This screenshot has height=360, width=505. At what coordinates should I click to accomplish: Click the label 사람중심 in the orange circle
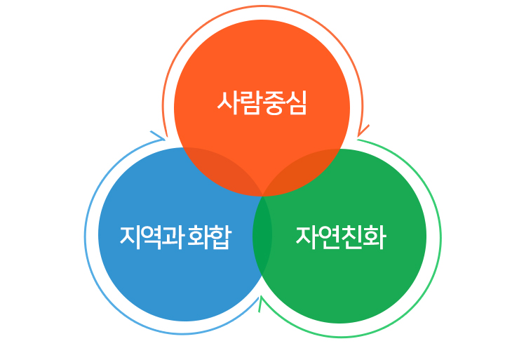coord(262,104)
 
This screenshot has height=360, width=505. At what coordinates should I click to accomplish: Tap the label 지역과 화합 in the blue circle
coord(175,237)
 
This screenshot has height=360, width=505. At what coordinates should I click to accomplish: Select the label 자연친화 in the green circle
coord(340,237)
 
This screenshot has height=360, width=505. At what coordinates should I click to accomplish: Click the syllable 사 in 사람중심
coord(228,104)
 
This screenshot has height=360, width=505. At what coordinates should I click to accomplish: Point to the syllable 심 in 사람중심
coord(296,104)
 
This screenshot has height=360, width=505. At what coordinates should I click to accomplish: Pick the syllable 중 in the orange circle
coord(274,104)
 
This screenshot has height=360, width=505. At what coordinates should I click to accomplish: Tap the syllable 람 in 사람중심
coord(250,104)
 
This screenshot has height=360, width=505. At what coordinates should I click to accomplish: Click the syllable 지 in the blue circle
coord(130,237)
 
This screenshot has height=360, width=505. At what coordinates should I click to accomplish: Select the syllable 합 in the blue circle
coord(220,237)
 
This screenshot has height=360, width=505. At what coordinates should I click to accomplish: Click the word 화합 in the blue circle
coord(209,237)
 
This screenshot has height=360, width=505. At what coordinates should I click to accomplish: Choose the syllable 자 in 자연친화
coord(307,237)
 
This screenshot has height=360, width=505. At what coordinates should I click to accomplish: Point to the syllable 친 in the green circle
coord(351,237)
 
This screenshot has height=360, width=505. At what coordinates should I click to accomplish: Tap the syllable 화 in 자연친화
coord(374,237)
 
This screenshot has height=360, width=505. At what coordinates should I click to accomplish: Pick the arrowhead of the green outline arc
coord(261,302)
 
